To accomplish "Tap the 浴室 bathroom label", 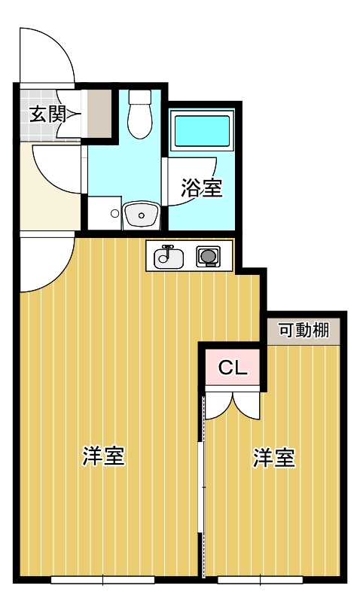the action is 202,188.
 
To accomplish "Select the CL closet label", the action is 233,367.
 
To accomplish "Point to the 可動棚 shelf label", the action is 304,331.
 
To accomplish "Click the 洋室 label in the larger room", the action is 104,456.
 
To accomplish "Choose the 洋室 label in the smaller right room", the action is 273,458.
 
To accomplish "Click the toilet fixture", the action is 139,114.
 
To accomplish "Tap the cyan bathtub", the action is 202,131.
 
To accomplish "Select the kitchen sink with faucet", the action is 169,257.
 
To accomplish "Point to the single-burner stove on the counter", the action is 208,257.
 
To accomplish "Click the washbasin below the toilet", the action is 141,214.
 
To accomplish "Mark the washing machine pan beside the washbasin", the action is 104,213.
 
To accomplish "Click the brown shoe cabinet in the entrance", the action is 99,114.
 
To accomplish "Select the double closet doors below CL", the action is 233,405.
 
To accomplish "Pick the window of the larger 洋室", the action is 102,580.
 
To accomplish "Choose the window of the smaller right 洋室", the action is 261,580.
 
